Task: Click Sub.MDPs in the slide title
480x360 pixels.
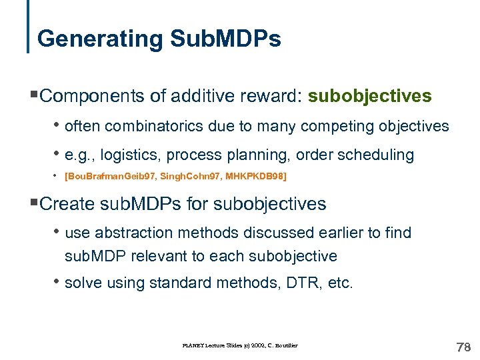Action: click(225, 39)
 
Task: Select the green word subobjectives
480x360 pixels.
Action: click(371, 97)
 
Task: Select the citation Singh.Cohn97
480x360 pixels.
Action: click(188, 177)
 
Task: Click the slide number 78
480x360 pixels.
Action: click(463, 347)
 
